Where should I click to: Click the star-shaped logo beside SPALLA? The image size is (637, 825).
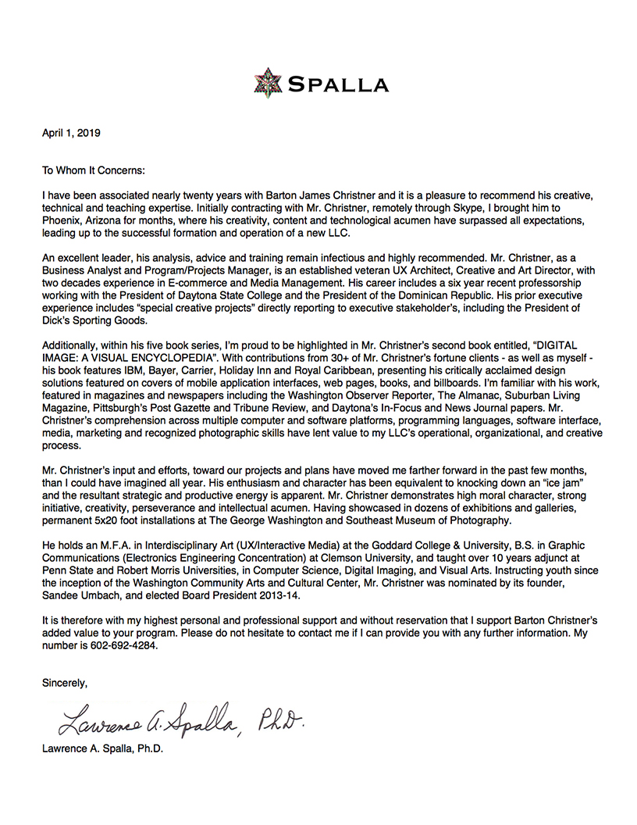click(x=268, y=83)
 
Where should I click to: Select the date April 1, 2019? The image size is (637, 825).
click(x=71, y=133)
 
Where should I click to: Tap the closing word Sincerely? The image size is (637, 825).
click(x=65, y=683)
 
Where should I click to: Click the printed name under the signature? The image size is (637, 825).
click(x=103, y=748)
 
